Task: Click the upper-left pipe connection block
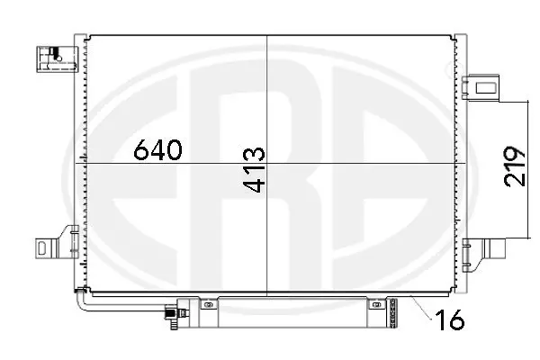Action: (x=52, y=57)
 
